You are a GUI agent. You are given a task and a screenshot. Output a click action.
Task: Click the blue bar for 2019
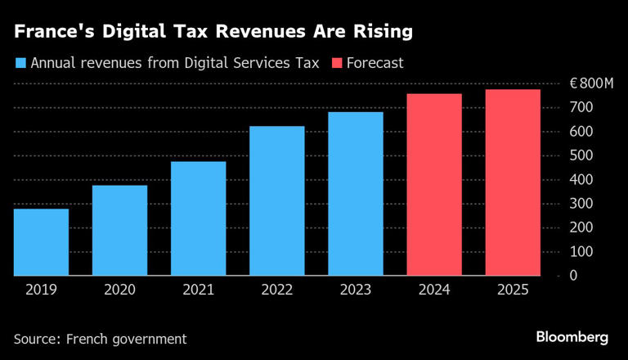coord(41,242)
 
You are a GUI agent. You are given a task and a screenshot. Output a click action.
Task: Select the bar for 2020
coord(119,231)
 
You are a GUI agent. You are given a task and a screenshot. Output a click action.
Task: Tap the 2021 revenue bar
coord(199,218)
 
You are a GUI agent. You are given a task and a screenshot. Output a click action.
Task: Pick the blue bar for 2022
coord(277,201)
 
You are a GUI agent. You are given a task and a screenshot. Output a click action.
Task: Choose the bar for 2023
coord(356,194)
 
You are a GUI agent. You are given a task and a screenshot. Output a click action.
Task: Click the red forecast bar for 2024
coord(434,185)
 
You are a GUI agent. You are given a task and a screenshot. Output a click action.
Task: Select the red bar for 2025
coord(513,182)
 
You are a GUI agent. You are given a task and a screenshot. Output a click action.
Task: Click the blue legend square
coord(20,63)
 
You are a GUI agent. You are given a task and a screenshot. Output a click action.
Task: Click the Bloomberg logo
coord(572,336)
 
